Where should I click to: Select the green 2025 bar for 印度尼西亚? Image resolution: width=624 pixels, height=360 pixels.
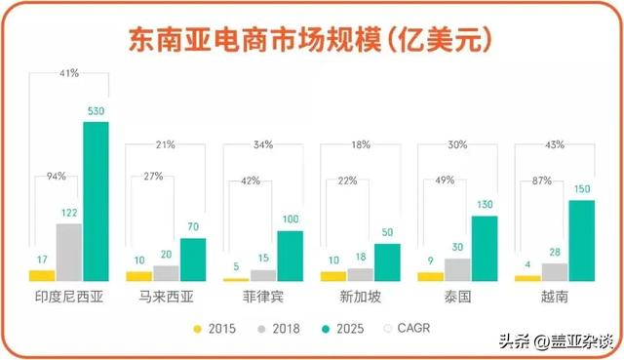pos(96,201)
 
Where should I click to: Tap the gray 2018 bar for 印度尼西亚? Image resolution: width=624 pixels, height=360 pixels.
pos(68,252)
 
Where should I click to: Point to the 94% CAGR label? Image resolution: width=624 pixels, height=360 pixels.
pos(56,177)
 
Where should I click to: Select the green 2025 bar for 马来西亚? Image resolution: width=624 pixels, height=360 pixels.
pos(193,260)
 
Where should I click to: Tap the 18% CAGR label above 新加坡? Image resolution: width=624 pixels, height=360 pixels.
pos(361,145)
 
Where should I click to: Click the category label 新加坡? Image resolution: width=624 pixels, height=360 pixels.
pos(348,292)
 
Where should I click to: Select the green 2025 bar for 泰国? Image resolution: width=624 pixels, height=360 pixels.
pos(485,249)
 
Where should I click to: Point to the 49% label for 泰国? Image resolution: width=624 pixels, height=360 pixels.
pos(445,180)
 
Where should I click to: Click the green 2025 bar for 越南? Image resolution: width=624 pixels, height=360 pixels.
pos(582,244)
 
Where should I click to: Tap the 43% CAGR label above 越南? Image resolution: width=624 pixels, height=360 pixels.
pos(555,145)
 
